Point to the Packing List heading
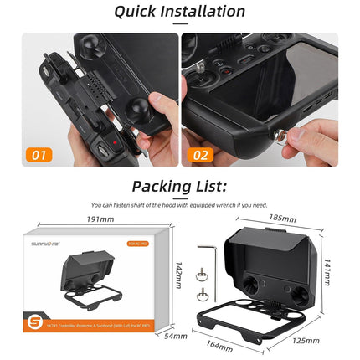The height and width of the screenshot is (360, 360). point(179,188)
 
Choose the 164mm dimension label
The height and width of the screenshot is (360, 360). point(219,345)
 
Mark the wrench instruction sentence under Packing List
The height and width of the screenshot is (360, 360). point(179,204)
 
